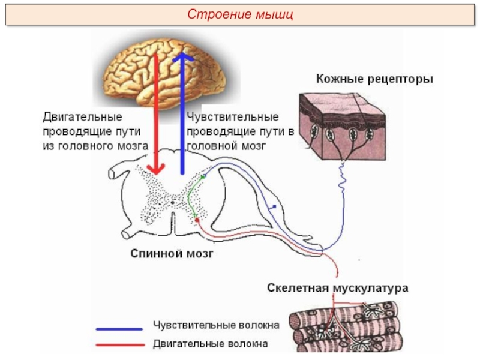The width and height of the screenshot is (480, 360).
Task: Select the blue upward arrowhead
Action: pyautogui.click(x=183, y=59)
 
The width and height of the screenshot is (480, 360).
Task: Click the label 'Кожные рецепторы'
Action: pyautogui.click(x=374, y=79)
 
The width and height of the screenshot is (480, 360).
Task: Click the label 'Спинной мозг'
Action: pyautogui.click(x=172, y=254)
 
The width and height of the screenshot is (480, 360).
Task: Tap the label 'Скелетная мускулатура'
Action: pyautogui.click(x=337, y=288)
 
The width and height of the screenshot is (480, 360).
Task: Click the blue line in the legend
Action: pyautogui.click(x=119, y=329)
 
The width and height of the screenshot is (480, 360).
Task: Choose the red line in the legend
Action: pyautogui.click(x=119, y=345)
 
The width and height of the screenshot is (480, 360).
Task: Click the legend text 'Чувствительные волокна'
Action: pyautogui.click(x=216, y=326)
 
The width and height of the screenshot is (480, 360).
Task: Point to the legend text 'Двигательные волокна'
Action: pyautogui.click(x=210, y=344)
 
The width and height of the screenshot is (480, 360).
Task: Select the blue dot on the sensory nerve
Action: pyautogui.click(x=274, y=207)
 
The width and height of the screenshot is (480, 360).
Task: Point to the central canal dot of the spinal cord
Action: pyautogui.click(x=173, y=202)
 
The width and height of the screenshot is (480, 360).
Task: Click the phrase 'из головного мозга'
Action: pyautogui.click(x=95, y=146)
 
